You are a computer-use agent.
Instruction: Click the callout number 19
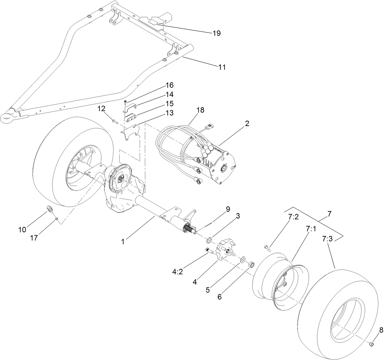(216, 33)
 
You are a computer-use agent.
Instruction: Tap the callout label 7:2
(293, 217)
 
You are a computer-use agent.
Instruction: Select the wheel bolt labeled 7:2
(267, 248)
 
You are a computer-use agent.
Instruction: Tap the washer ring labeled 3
(209, 240)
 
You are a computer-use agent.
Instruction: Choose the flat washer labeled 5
(243, 260)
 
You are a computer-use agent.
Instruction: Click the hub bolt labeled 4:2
(208, 250)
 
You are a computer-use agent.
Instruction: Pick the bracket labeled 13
(129, 133)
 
